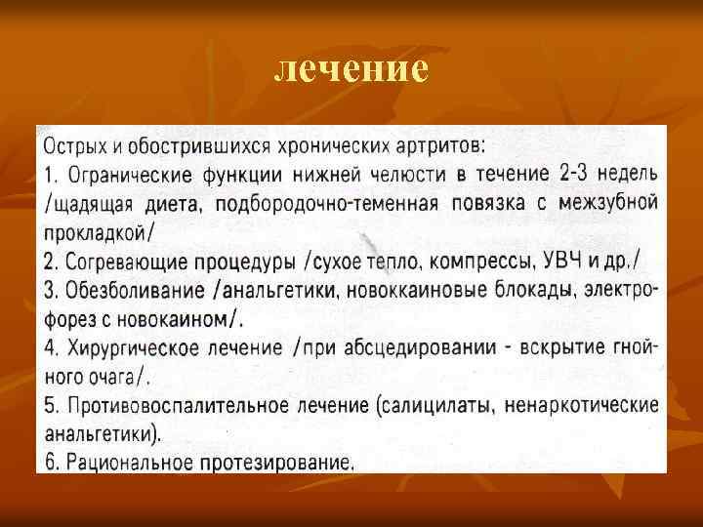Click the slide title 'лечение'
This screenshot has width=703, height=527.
point(351,69)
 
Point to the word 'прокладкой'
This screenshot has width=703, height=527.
point(96,232)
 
